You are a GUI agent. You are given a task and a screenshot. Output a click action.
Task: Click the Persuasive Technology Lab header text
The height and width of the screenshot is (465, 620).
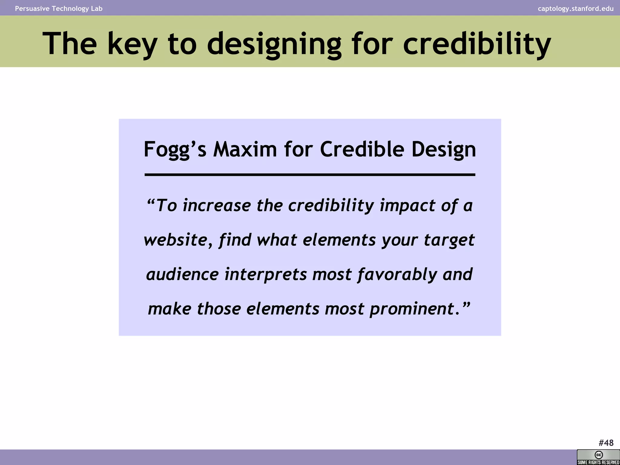59,8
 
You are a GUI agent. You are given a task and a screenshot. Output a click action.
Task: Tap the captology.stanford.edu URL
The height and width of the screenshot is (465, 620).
575,8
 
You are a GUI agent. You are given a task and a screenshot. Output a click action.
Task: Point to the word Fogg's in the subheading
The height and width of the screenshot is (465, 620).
175,150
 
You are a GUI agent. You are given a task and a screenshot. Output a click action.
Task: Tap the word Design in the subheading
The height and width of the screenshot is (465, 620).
444,150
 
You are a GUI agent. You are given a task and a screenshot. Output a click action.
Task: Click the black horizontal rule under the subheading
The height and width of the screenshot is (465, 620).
310,175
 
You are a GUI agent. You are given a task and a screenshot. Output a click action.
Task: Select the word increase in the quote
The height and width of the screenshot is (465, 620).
217,206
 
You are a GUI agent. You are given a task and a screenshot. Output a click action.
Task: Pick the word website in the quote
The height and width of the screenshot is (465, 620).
176,240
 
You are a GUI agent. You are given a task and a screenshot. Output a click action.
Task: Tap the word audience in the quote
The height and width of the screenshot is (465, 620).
182,274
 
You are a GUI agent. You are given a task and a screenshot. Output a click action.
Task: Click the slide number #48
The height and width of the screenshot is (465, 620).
606,443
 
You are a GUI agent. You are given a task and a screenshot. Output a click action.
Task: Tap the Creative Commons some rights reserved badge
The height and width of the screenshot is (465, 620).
598,457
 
